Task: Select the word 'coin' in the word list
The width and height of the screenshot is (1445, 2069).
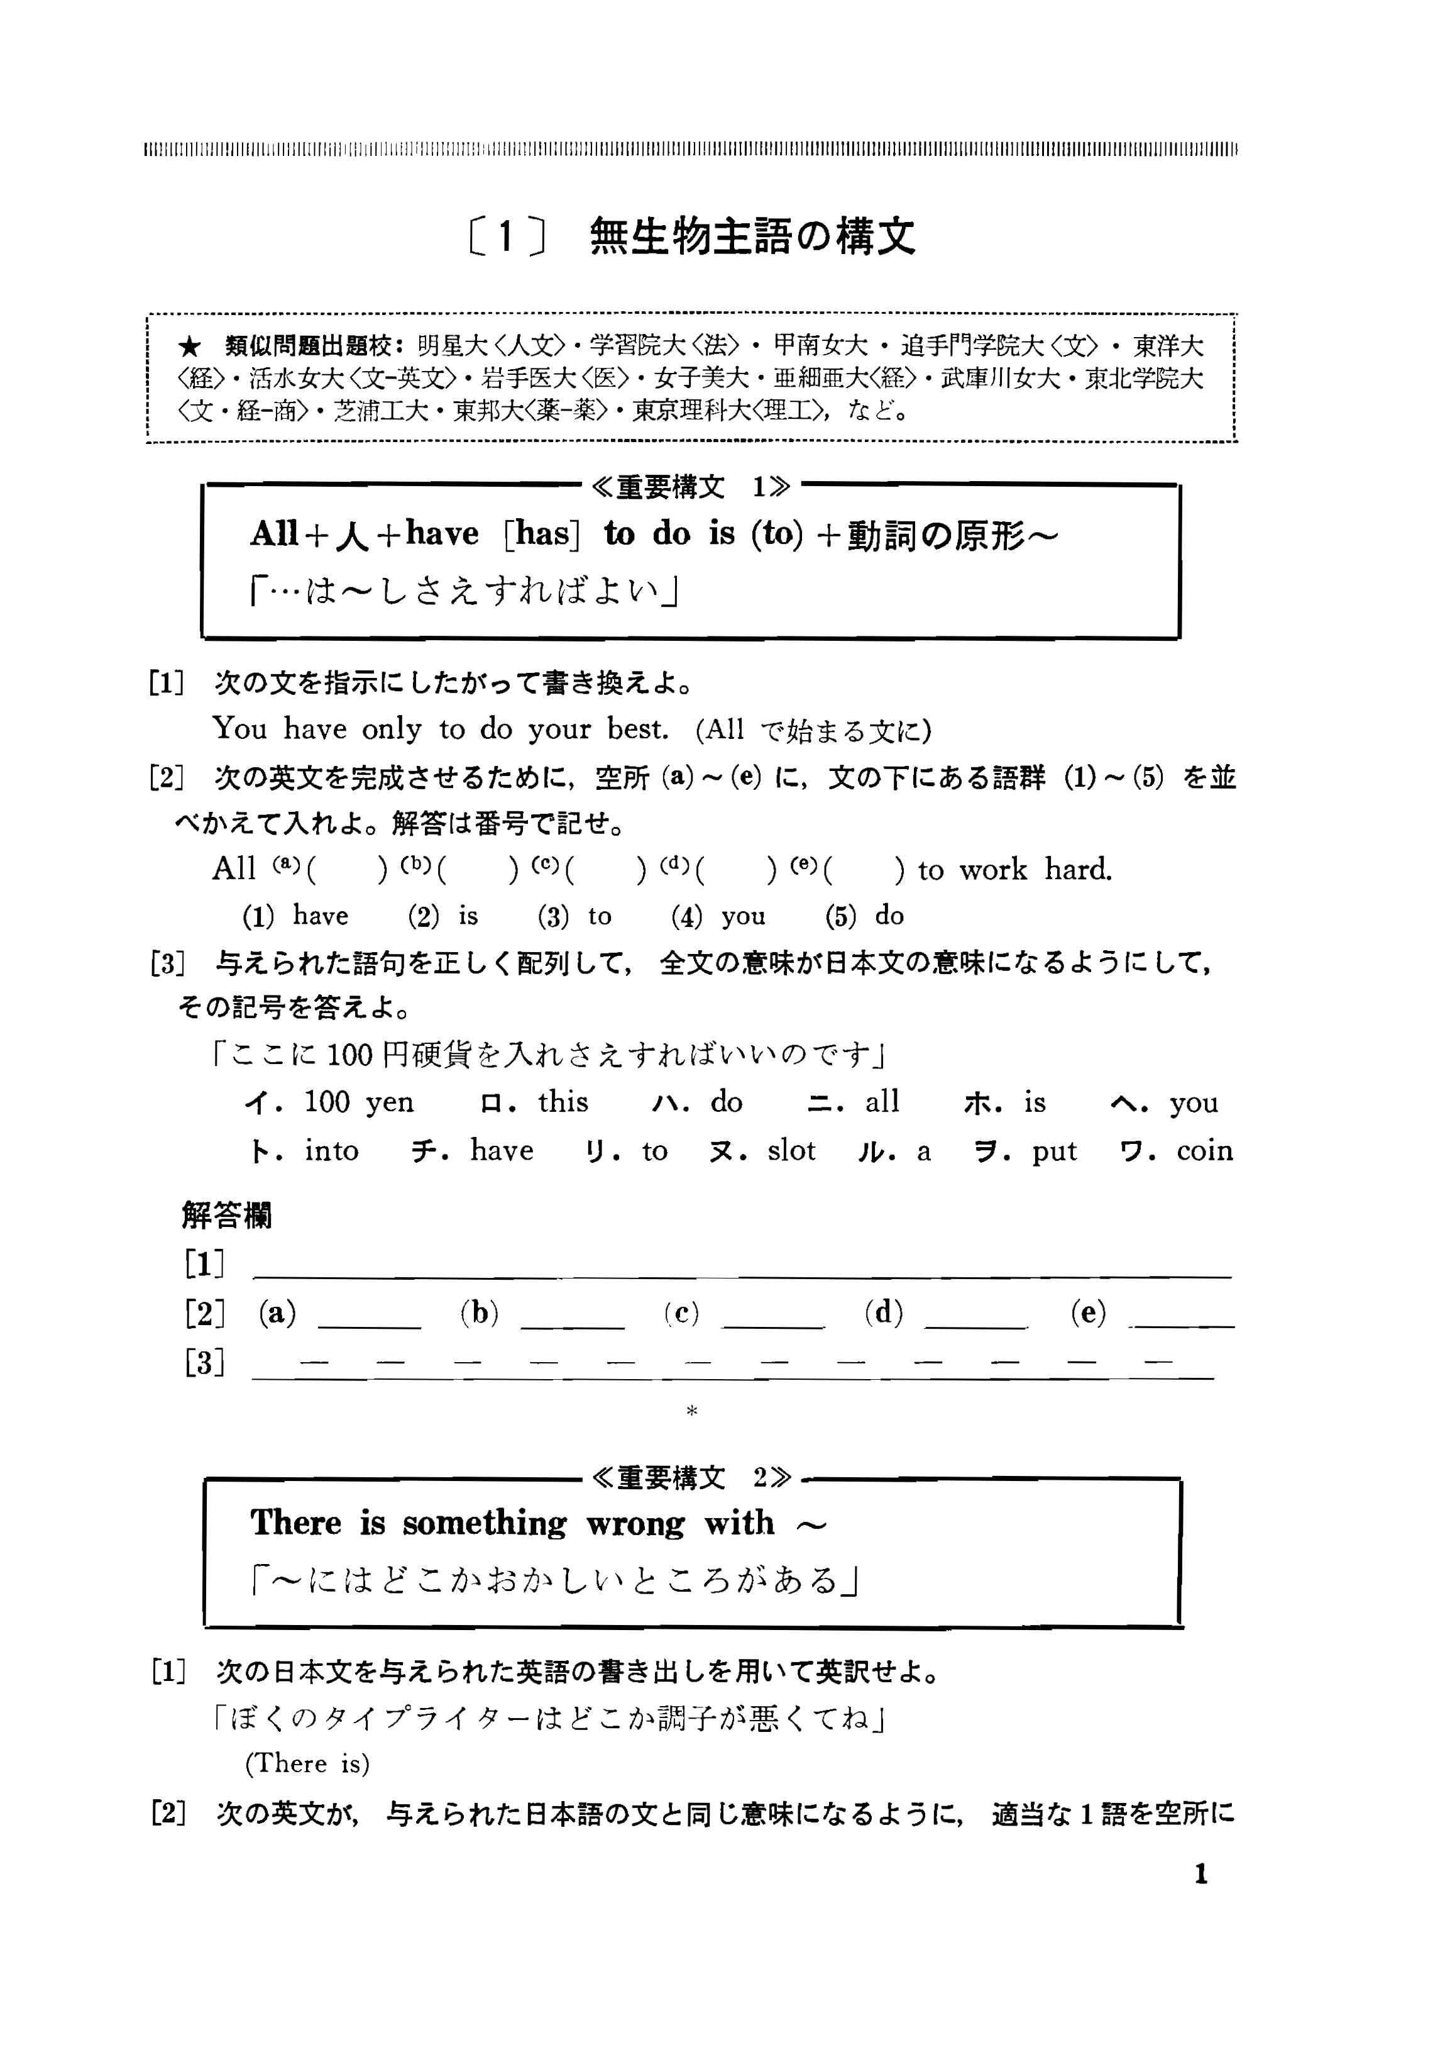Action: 1204,1151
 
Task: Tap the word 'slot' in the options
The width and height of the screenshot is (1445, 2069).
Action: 791,1151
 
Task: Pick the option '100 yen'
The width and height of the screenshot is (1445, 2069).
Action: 358,1101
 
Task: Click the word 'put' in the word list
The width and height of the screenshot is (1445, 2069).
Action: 1054,1151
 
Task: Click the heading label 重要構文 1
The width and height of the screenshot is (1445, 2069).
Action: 691,487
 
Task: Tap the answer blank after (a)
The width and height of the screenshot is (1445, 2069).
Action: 370,1317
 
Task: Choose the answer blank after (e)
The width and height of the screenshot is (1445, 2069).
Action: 1182,1317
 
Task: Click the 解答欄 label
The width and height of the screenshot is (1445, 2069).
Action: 226,1216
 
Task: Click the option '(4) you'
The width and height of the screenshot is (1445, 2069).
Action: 718,916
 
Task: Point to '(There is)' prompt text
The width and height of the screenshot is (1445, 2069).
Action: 307,1763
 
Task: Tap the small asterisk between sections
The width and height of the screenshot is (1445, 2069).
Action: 692,1411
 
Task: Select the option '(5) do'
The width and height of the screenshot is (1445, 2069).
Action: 864,916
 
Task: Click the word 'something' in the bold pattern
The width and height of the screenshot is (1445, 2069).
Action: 484,1523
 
